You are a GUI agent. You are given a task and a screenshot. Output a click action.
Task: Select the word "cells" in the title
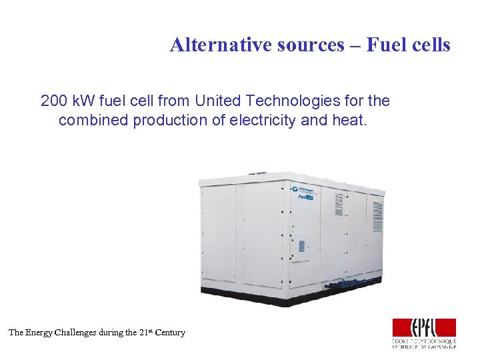[x=433, y=45]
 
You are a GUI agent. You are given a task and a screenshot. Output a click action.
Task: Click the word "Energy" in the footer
[x=42, y=332]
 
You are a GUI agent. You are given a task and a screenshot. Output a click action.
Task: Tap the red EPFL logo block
[x=423, y=327]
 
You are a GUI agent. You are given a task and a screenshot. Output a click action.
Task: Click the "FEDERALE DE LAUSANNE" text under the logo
[x=424, y=347]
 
